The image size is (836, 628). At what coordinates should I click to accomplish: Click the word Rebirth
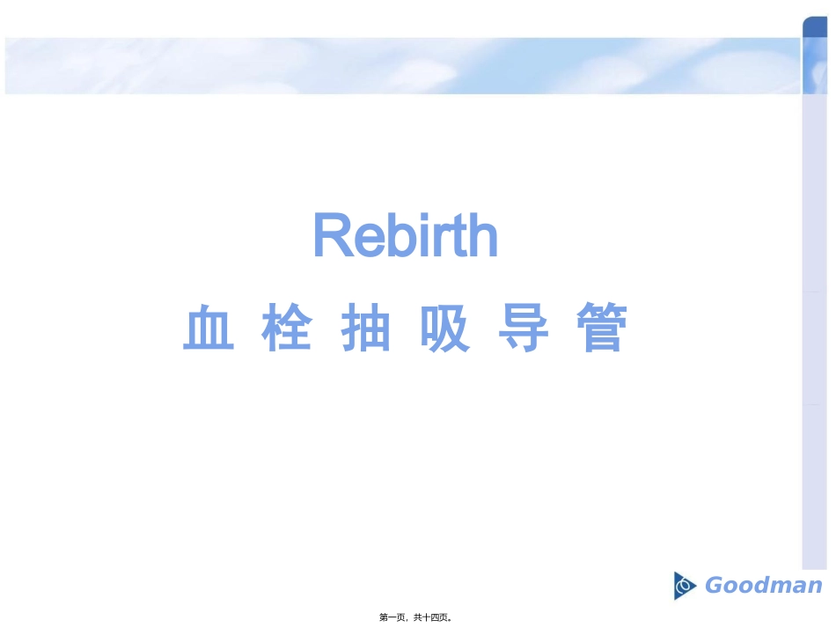[x=406, y=235]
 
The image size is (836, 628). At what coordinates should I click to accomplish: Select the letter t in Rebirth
[x=456, y=237]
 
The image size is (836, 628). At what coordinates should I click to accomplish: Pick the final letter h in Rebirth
[x=481, y=236]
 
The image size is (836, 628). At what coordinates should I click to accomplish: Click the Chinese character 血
[x=209, y=329]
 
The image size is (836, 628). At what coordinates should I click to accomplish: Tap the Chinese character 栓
[x=287, y=329]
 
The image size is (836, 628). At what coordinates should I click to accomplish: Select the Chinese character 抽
[x=366, y=329]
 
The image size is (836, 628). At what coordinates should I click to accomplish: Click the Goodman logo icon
[x=685, y=586]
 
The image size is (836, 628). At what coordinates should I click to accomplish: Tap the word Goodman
[x=763, y=586]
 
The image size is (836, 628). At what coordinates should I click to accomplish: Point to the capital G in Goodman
[x=715, y=586]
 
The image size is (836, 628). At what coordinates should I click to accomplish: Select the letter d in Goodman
[x=764, y=586]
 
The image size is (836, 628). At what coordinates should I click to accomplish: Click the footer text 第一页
[x=393, y=618]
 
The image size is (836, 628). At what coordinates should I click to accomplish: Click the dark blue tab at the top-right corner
[x=814, y=26]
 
